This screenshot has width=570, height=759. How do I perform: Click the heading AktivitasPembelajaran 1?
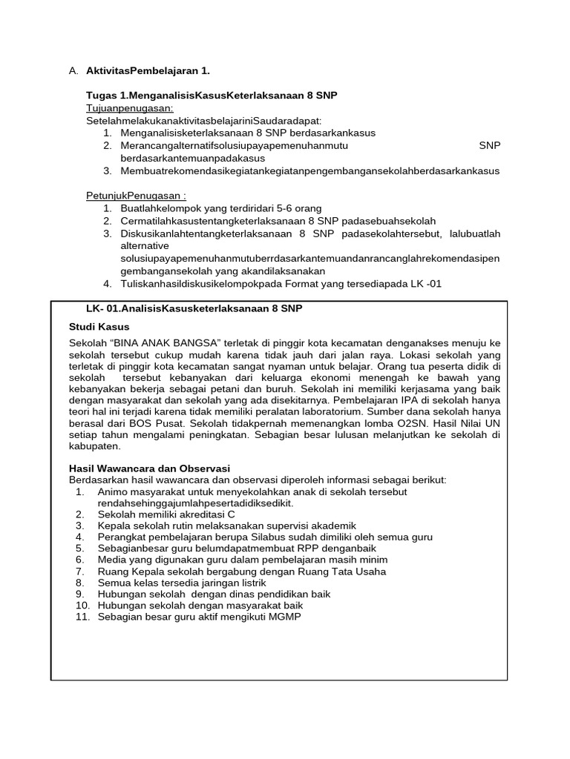click(x=148, y=71)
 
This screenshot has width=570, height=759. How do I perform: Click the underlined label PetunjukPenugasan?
click(x=136, y=196)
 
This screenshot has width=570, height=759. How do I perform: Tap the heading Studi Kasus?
click(x=99, y=326)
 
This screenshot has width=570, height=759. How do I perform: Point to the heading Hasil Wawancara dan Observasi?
click(x=149, y=468)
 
